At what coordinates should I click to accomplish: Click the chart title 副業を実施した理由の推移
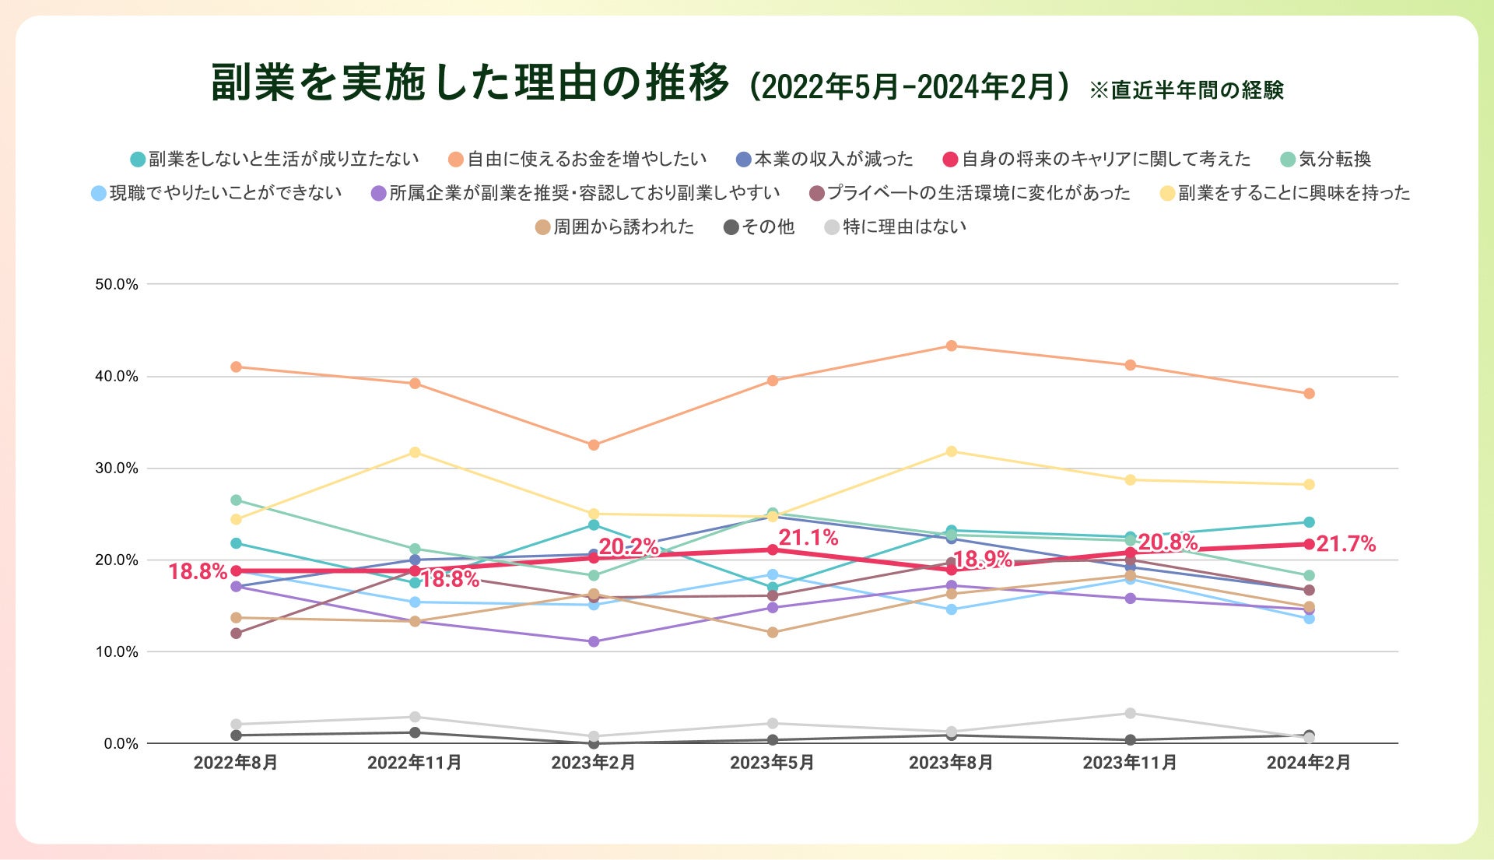pos(470,82)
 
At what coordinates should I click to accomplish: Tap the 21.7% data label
pos(1345,544)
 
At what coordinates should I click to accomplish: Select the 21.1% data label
pos(808,537)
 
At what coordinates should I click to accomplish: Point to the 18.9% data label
pos(983,559)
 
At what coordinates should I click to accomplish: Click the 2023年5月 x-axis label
pos(772,763)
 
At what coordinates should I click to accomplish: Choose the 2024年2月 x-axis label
pos(1309,763)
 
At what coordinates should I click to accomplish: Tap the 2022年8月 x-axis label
pos(236,763)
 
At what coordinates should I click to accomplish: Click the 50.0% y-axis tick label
pos(117,284)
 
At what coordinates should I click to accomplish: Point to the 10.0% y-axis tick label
pos(117,652)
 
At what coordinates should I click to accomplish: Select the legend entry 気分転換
pos(1334,160)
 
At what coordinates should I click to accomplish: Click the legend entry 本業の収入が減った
pos(833,160)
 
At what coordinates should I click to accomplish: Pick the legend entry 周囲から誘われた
pos(622,227)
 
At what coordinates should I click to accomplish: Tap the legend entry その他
pos(767,227)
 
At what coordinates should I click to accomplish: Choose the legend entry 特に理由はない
pos(904,227)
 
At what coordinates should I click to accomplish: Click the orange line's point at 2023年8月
pos(951,346)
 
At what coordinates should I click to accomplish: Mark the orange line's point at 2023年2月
pos(594,445)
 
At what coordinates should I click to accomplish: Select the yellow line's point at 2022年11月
pos(415,452)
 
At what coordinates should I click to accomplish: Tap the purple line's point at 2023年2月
pos(594,642)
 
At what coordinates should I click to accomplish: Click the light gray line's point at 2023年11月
pos(1130,713)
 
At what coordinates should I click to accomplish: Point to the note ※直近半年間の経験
pos(1186,90)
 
